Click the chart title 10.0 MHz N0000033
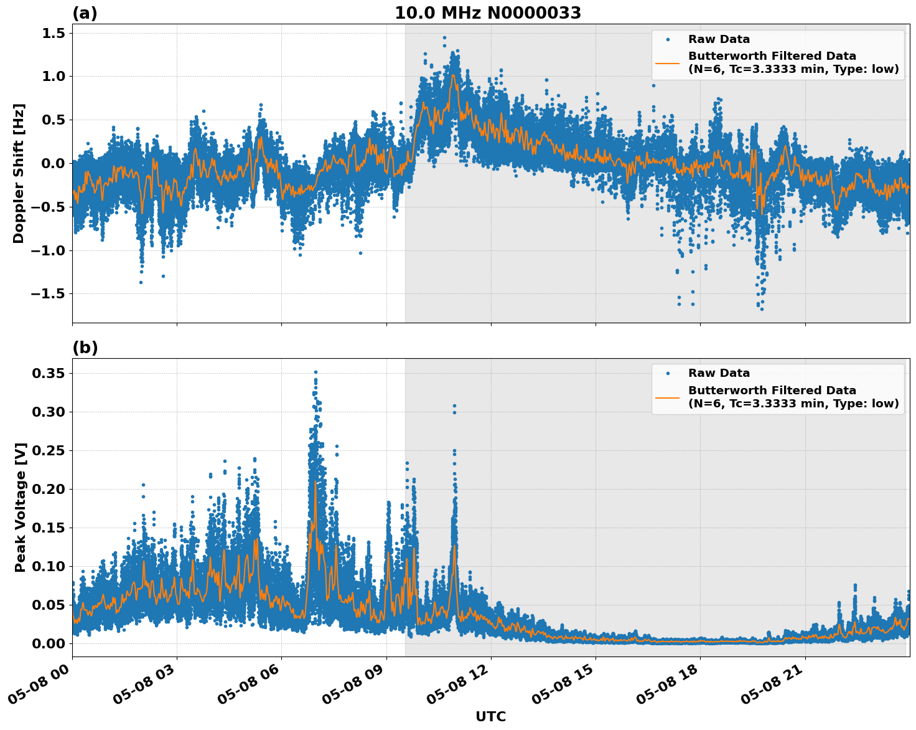[x=488, y=13]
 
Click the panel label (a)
[x=85, y=13]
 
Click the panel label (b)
[x=85, y=348]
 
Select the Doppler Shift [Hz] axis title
[x=19, y=173]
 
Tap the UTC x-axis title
[x=490, y=716]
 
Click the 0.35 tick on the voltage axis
[x=49, y=373]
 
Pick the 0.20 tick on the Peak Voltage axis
[x=49, y=489]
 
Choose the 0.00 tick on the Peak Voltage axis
[x=49, y=643]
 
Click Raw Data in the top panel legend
[x=719, y=39]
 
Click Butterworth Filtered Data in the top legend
[x=772, y=56]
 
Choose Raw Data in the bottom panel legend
[x=719, y=373]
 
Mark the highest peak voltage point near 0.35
[x=315, y=372]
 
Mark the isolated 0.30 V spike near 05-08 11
[x=454, y=406]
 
